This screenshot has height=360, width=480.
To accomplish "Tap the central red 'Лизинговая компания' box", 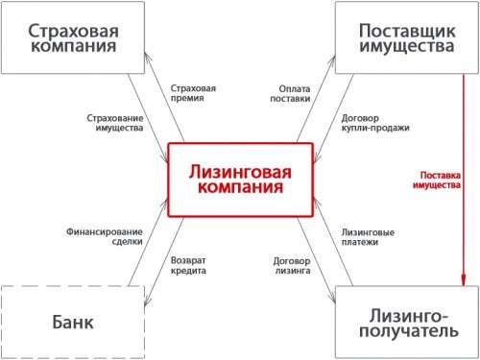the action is [x=240, y=180].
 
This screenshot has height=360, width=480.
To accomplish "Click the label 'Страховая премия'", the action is [x=192, y=93].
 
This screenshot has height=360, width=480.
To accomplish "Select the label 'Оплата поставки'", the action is [x=288, y=93].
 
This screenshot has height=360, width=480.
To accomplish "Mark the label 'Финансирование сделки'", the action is [x=105, y=236].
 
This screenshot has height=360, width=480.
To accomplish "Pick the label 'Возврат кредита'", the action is [x=188, y=266].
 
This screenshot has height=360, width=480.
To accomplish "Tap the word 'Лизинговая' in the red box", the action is [x=240, y=171].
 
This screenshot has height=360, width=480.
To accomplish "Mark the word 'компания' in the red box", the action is [x=240, y=189].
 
